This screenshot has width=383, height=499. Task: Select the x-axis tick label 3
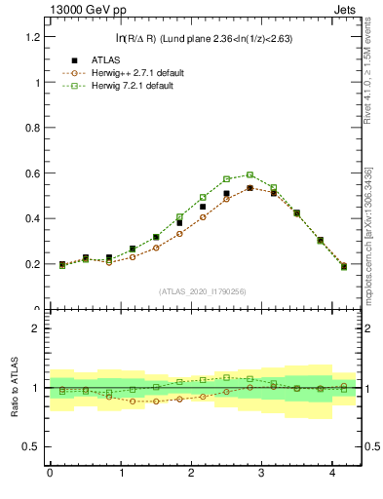(x=262, y=474)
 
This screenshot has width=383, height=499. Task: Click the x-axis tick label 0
(x=51, y=474)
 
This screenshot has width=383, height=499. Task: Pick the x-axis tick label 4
(x=333, y=474)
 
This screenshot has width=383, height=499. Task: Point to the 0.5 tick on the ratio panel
(x=33, y=446)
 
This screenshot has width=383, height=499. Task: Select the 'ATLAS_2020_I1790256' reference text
(x=203, y=291)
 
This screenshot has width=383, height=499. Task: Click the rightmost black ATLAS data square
(x=344, y=265)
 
